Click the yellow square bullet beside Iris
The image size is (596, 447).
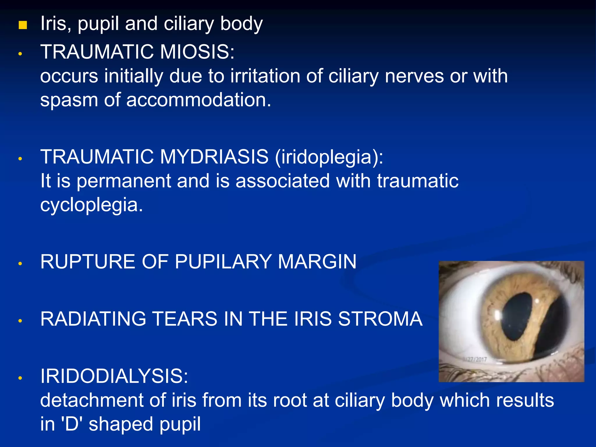coord(23,25)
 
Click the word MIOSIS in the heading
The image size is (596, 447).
coord(197,52)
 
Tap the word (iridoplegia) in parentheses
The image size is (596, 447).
coord(329,157)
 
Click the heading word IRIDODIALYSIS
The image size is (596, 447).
coord(114,376)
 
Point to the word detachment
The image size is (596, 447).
coord(92,400)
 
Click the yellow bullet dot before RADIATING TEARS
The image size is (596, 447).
coord(20,321)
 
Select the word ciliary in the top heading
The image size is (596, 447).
coord(189,24)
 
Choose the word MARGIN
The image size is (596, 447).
coord(317,261)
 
